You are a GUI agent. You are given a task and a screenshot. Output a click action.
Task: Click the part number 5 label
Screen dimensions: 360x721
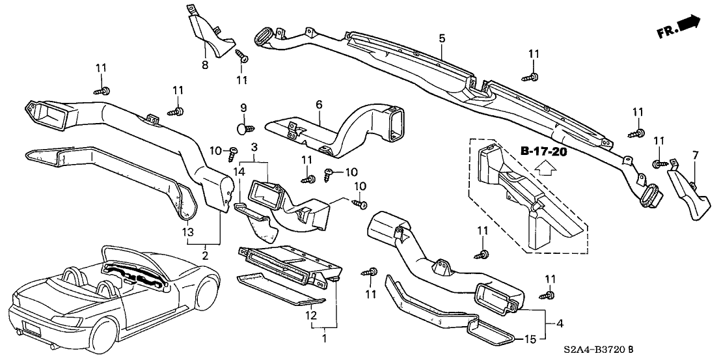pos(442,39)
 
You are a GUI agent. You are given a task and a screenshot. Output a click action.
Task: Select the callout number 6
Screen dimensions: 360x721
pos(320,104)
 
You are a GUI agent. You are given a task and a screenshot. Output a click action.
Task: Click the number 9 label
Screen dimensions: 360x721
pos(244,107)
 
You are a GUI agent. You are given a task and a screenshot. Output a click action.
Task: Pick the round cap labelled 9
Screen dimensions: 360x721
pos(243,129)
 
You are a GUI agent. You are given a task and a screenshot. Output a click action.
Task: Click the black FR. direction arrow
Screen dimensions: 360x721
pos(688,25)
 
